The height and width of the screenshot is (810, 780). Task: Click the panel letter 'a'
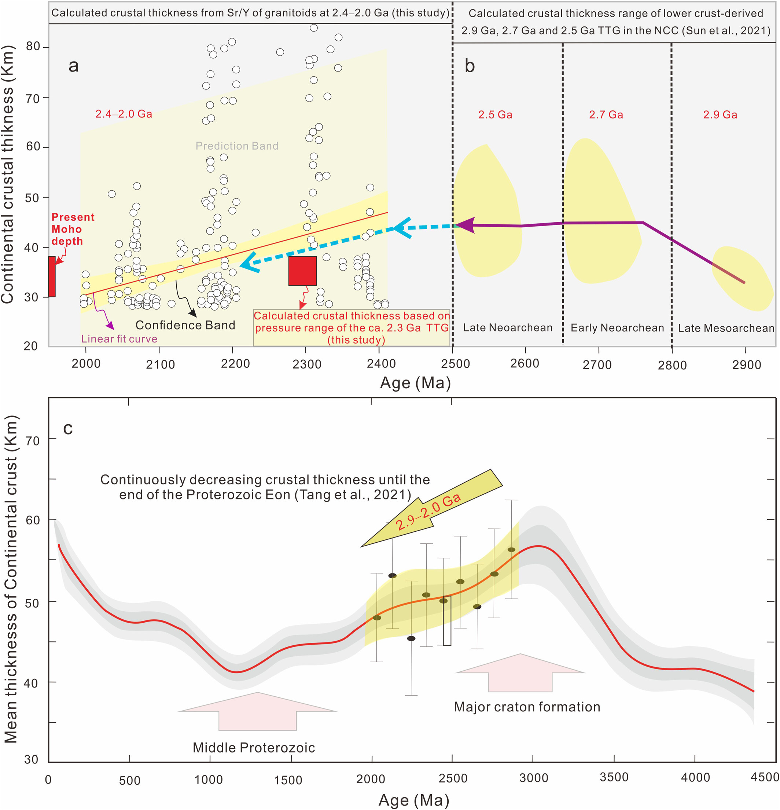pos(74,66)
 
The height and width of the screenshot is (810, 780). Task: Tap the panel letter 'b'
pos(470,66)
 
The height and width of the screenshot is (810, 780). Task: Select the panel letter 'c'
pos(68,429)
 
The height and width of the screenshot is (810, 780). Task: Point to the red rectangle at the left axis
pos(52,276)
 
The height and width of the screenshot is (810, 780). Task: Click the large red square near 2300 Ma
pos(302,271)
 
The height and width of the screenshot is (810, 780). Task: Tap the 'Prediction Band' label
pos(237,146)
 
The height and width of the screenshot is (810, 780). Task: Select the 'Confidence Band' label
pos(185,325)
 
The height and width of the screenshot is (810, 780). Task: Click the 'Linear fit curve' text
pos(119,339)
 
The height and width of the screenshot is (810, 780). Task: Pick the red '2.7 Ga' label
pos(606,114)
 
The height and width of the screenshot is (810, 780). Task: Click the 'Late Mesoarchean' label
pos(726,328)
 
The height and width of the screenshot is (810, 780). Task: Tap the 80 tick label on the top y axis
pos(33,46)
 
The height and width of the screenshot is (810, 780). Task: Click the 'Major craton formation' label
pos(527,707)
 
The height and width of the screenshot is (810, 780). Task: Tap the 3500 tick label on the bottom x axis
pos(614,777)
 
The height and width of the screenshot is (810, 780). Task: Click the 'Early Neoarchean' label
pos(617,328)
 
